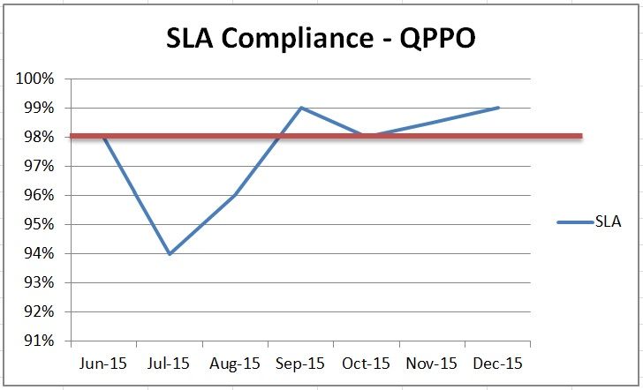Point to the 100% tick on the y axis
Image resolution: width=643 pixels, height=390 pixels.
35,79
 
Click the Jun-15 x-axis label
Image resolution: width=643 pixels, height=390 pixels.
103,363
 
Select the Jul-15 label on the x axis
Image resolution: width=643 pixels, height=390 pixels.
170,363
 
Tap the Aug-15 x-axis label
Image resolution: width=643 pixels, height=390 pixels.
236,363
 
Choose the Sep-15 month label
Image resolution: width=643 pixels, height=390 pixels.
301,363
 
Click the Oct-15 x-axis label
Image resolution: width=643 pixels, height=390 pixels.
367,363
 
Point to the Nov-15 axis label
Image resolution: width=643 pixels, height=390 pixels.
433,363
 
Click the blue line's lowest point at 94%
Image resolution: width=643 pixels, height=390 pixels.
169,253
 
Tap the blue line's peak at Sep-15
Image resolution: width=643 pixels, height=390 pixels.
301,108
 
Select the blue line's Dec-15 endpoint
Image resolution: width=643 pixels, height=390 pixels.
499,108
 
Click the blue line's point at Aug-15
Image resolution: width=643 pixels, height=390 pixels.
235,195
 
